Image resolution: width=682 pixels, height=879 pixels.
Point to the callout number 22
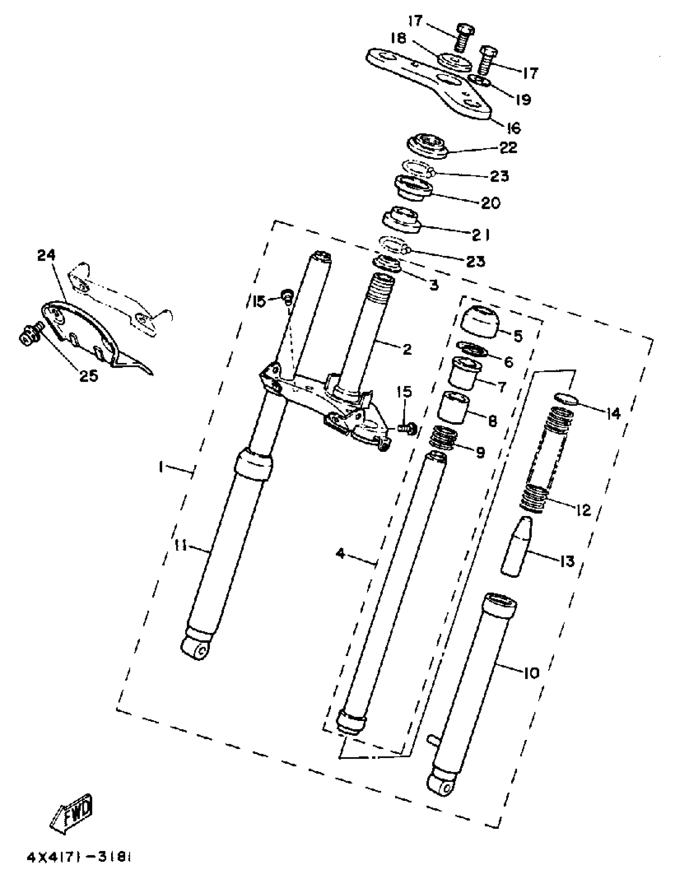pos(507,148)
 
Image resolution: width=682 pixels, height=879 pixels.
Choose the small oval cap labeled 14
pos(566,399)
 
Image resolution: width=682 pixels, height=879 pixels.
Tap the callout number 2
pos(407,349)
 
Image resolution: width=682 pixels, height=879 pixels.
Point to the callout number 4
pos(341,554)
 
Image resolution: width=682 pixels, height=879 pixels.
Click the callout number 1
pos(160,467)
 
